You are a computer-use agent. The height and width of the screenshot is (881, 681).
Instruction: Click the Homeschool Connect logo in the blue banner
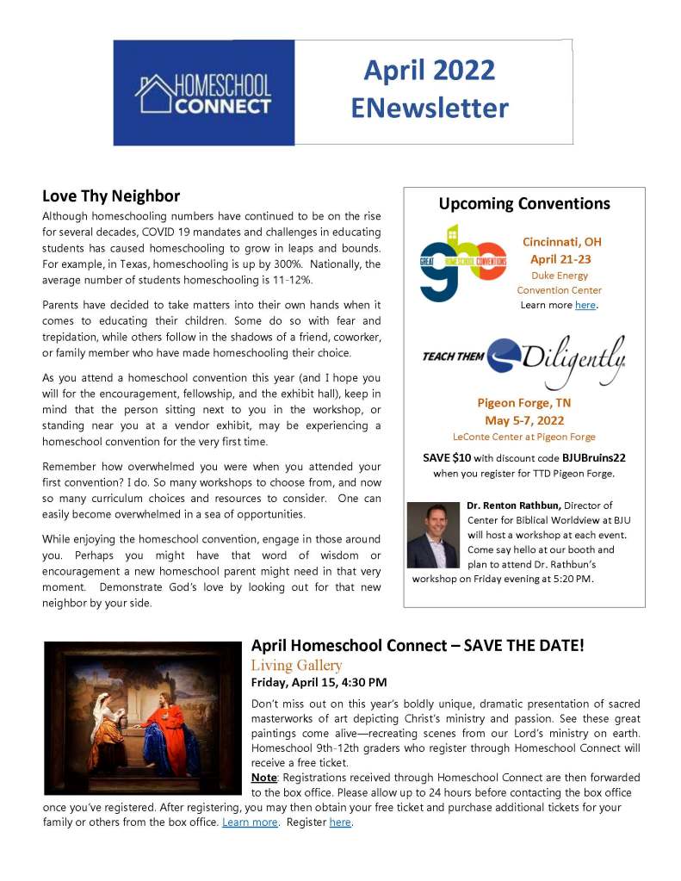[x=203, y=94]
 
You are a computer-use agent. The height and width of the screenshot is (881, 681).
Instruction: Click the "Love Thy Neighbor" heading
[x=111, y=195]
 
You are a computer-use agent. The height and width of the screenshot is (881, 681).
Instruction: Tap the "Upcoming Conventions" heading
[x=523, y=204]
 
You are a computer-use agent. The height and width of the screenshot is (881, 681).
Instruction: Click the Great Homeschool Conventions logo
[x=462, y=263]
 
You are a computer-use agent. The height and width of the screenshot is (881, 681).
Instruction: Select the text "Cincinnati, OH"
[x=561, y=242]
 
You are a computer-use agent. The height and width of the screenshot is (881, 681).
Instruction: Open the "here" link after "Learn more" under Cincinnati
[x=585, y=306]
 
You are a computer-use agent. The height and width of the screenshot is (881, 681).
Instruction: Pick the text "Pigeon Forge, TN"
[x=523, y=402]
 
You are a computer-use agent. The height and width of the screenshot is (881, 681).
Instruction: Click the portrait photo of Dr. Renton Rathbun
[x=433, y=534]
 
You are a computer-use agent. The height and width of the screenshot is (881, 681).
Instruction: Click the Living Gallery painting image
[x=143, y=708]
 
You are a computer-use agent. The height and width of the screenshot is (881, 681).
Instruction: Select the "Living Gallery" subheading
[x=296, y=665]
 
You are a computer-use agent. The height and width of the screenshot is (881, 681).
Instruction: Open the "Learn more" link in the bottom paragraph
[x=250, y=822]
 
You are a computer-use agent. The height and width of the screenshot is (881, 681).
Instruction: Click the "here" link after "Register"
[x=340, y=822]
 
